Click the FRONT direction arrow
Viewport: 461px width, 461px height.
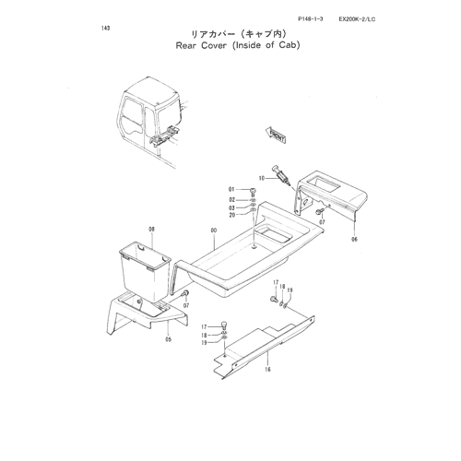[276, 136]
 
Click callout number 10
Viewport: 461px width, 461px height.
[262, 178]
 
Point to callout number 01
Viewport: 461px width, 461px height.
[231, 190]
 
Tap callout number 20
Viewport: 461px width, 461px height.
[232, 215]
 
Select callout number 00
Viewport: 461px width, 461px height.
[214, 230]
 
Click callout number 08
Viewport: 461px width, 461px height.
[151, 229]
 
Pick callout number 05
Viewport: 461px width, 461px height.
[169, 339]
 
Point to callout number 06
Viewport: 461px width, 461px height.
[355, 239]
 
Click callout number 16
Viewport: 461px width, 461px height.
[267, 369]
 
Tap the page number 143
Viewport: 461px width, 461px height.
[105, 29]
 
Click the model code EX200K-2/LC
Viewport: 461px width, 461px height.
[357, 19]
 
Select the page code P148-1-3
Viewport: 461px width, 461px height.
[311, 19]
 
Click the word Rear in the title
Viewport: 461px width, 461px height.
[186, 45]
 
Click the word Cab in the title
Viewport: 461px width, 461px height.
[288, 45]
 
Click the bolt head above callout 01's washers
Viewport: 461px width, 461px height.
[253, 191]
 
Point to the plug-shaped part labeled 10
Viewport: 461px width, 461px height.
[280, 175]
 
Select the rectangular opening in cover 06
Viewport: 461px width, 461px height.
[324, 184]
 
